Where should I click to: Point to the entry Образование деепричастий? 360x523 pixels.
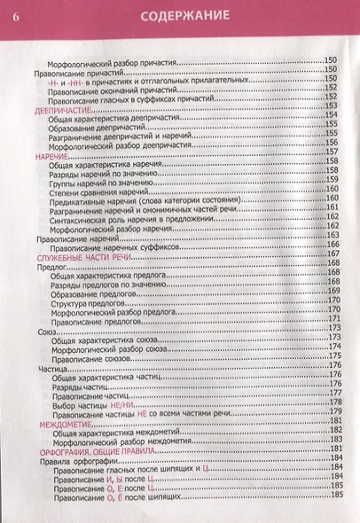(x=105, y=127)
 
